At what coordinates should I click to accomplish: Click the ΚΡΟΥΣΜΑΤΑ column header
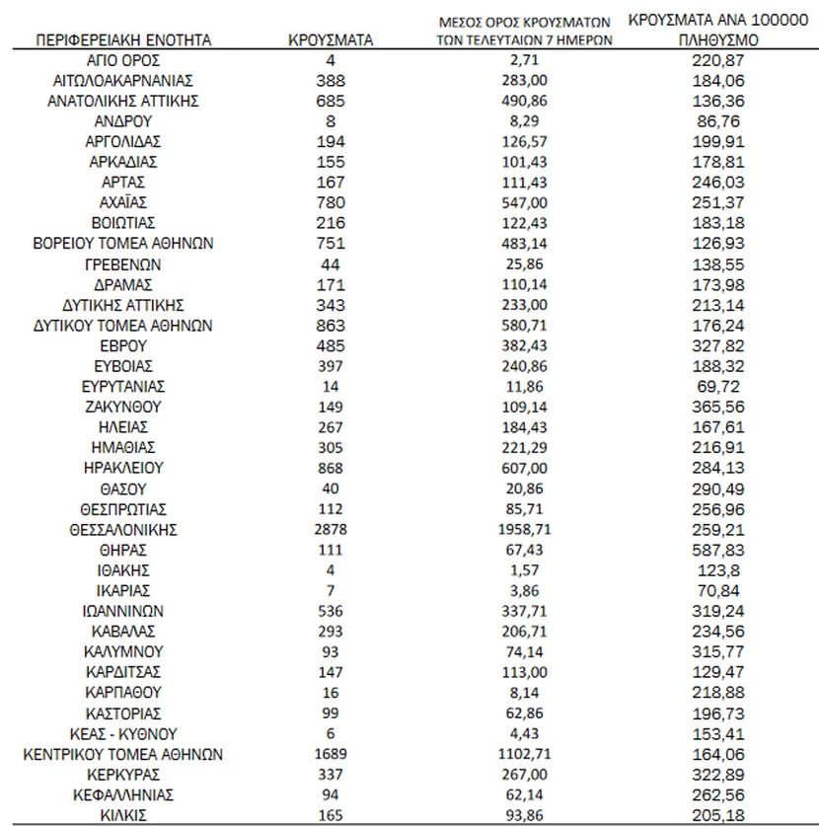pyautogui.click(x=331, y=40)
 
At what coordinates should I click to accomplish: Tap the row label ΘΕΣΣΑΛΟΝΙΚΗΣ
pyautogui.click(x=123, y=529)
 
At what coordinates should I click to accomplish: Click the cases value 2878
pyautogui.click(x=331, y=529)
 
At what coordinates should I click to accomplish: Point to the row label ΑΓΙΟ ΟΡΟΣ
pyautogui.click(x=123, y=60)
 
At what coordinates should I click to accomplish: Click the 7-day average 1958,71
pyautogui.click(x=524, y=529)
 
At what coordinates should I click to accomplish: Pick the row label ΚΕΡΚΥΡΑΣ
pyautogui.click(x=123, y=773)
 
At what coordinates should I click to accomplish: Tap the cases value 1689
pyautogui.click(x=331, y=754)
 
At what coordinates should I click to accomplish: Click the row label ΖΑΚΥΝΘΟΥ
pyautogui.click(x=123, y=406)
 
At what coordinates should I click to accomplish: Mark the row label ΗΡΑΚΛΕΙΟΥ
pyautogui.click(x=123, y=468)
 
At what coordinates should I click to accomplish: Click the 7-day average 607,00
pyautogui.click(x=524, y=468)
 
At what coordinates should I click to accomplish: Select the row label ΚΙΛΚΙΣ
pyautogui.click(x=123, y=814)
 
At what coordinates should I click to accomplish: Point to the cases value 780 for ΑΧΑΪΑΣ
pyautogui.click(x=331, y=202)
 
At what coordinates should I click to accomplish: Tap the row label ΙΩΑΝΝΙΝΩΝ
pyautogui.click(x=123, y=610)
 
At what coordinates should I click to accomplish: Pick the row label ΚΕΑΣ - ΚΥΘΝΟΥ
pyautogui.click(x=123, y=733)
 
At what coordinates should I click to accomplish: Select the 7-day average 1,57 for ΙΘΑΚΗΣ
pyautogui.click(x=524, y=569)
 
